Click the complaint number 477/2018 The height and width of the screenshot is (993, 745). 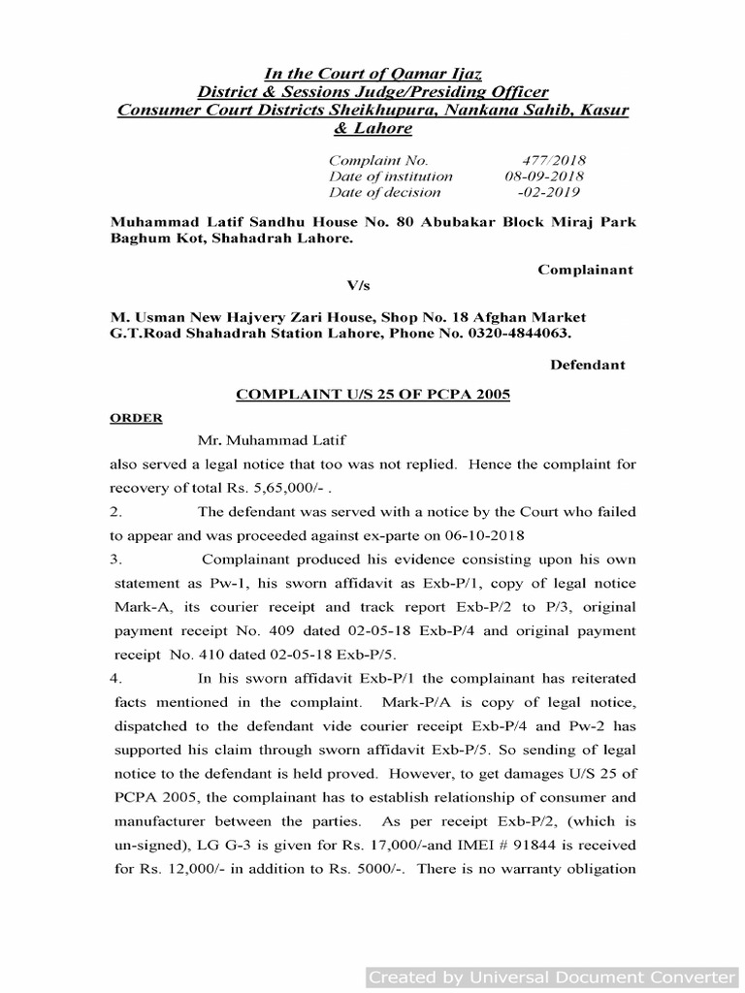pos(554,160)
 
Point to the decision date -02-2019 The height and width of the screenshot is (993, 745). pos(556,192)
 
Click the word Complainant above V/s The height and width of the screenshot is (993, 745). pos(586,270)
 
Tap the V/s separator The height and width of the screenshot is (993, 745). pos(359,286)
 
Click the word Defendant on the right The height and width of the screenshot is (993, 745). pos(588,366)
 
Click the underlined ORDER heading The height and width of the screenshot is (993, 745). pos(135,419)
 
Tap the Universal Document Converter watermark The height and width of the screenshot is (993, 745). pos(551,977)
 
